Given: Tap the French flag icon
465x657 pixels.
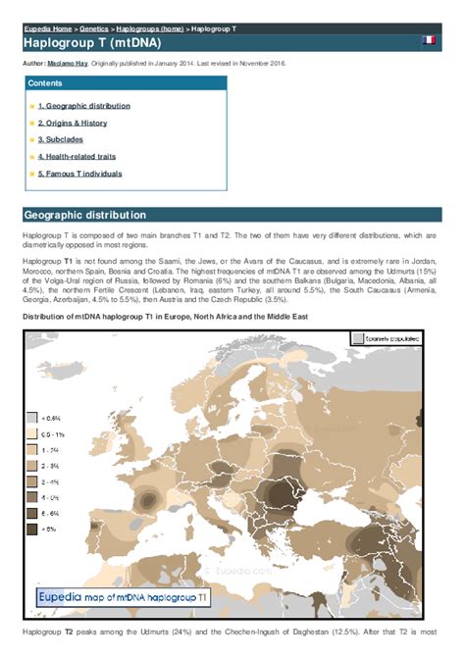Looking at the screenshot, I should (x=429, y=41).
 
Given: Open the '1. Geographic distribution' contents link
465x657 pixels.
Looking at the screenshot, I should (x=83, y=106).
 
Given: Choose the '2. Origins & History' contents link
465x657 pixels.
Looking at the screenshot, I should (x=73, y=123).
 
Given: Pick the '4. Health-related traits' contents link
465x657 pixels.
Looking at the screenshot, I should (x=79, y=156).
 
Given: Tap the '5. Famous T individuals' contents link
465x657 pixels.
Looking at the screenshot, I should (x=79, y=174).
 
